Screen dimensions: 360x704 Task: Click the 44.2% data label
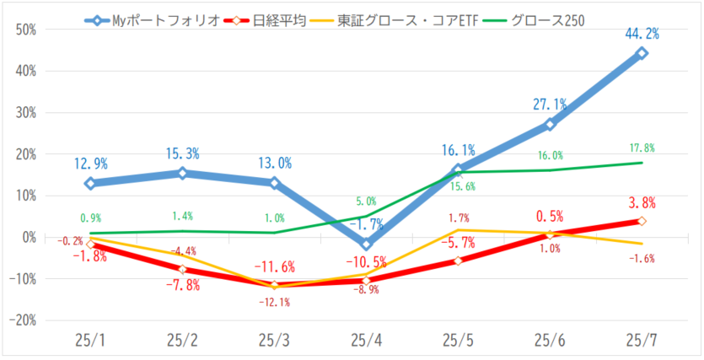642,35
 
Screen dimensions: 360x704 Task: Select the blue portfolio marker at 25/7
642,53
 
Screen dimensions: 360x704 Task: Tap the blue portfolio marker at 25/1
89,183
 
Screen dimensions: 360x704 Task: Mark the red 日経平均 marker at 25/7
642,221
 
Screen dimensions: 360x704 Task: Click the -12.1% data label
274,303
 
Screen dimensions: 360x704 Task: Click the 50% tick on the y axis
26,30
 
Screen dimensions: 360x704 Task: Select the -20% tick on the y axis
24,320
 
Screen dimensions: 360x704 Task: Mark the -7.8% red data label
181,285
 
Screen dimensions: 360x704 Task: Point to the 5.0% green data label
366,201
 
